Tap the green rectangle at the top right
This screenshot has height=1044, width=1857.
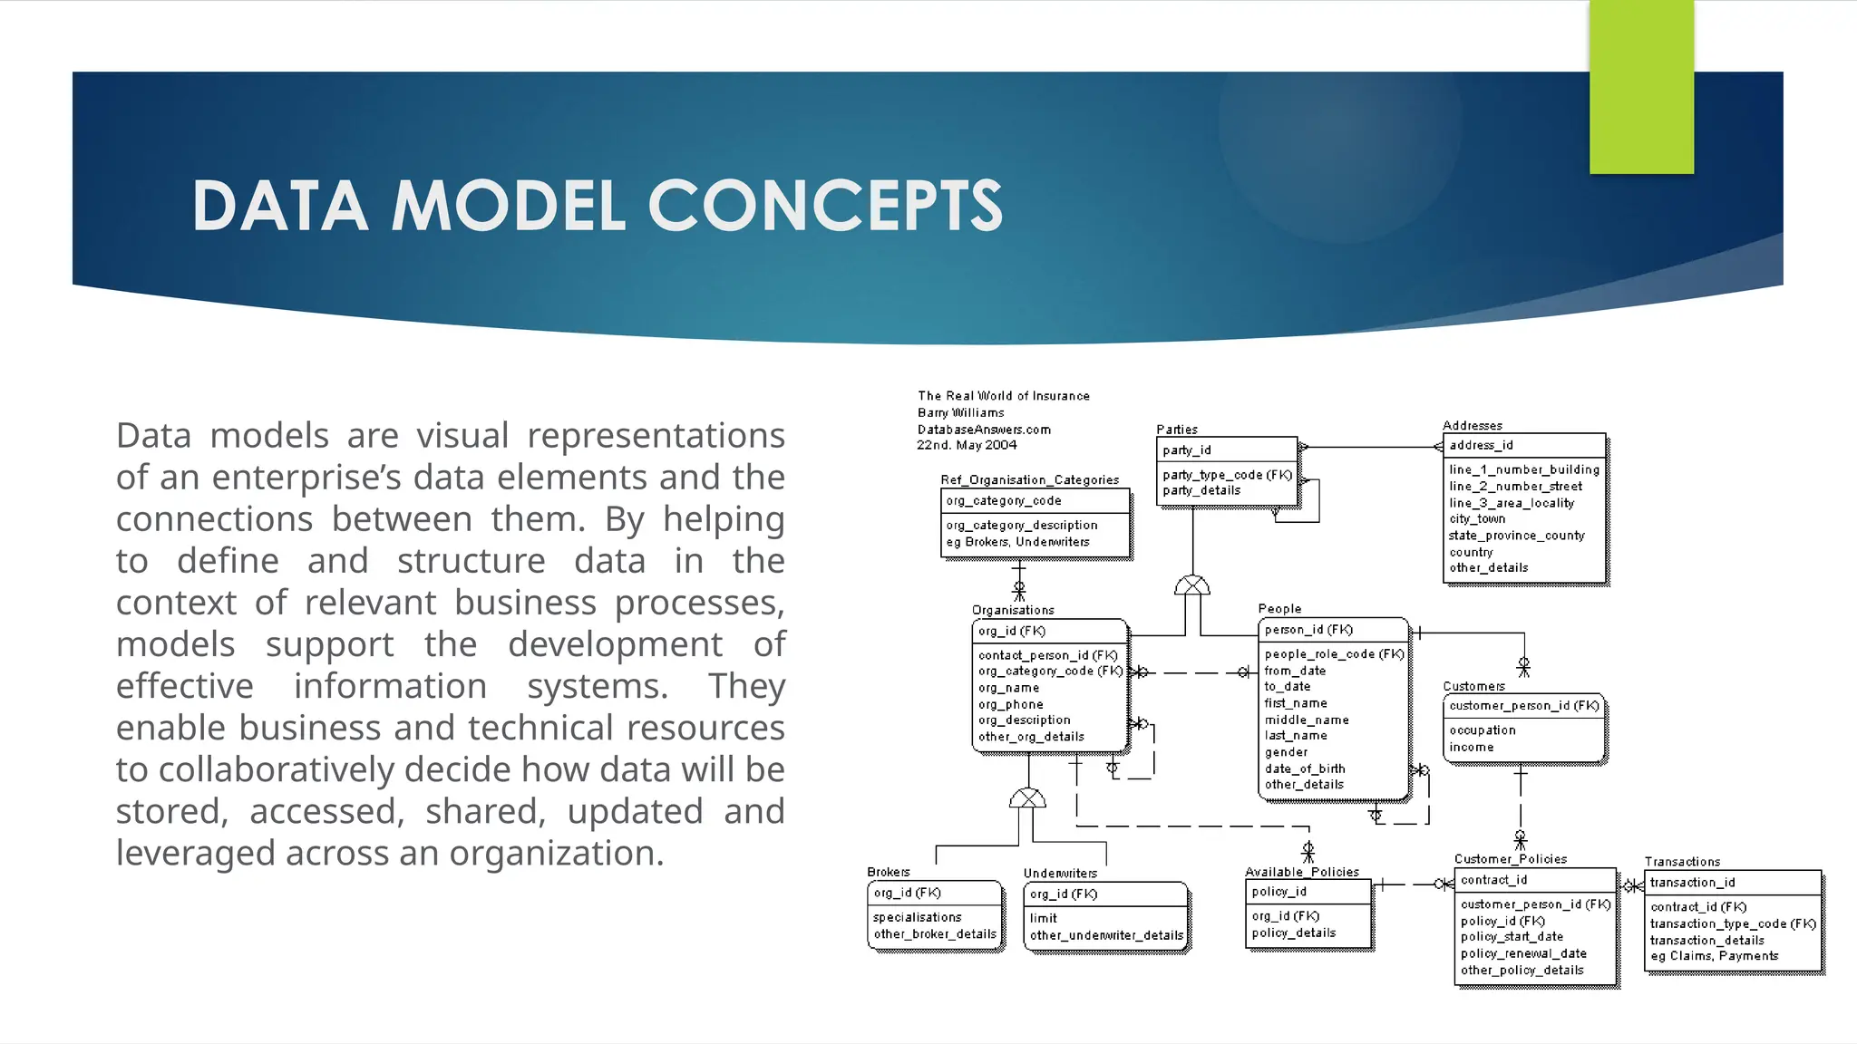[x=1641, y=87]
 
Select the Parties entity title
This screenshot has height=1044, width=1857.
[x=1177, y=430]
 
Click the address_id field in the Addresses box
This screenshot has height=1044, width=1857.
[x=1481, y=445]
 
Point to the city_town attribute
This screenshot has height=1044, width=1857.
[x=1477, y=519]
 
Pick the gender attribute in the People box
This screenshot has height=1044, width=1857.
[x=1286, y=752]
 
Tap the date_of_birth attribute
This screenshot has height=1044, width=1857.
[x=1305, y=768]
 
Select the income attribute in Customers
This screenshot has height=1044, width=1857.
[x=1471, y=748]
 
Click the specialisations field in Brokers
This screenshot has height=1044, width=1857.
[x=917, y=918]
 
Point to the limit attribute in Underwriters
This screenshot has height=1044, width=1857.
[x=1043, y=919]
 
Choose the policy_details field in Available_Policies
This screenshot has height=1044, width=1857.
[x=1293, y=933]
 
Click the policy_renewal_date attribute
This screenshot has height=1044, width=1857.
[x=1523, y=954]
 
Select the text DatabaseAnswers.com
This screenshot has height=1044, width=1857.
[x=984, y=430]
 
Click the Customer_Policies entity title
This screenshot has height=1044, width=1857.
[x=1510, y=859]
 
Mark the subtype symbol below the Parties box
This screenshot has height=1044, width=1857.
[x=1192, y=585]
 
